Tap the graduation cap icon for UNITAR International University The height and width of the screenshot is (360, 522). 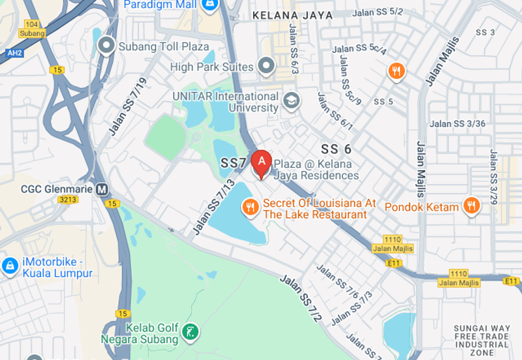tap(291, 100)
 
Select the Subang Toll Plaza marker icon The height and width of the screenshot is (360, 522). tap(106, 46)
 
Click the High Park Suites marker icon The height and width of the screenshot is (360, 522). tap(265, 66)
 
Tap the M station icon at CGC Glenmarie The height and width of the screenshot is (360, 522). tap(102, 189)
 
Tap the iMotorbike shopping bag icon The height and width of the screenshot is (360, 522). tap(10, 265)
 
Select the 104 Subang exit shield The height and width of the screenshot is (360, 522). tap(31, 28)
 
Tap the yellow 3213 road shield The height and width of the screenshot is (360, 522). tap(67, 200)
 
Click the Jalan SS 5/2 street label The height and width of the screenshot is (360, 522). tap(377, 12)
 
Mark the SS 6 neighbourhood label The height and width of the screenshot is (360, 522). tap(337, 148)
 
